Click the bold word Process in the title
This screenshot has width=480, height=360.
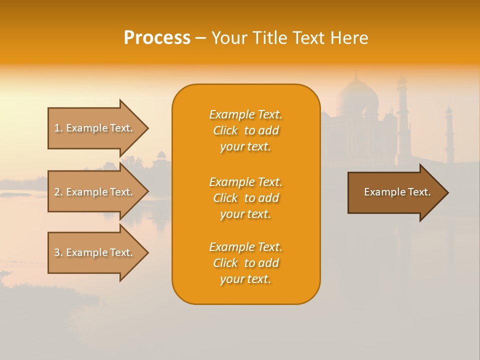[x=157, y=38]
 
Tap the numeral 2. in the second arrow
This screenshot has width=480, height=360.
[x=58, y=192]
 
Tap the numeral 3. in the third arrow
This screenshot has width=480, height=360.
[x=58, y=252]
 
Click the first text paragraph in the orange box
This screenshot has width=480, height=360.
[x=245, y=130]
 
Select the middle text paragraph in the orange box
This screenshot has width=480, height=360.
[x=245, y=198]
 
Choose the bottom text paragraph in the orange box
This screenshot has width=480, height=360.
[x=245, y=263]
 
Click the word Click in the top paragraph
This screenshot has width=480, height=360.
[x=225, y=130]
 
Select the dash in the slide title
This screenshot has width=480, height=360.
[x=200, y=38]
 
